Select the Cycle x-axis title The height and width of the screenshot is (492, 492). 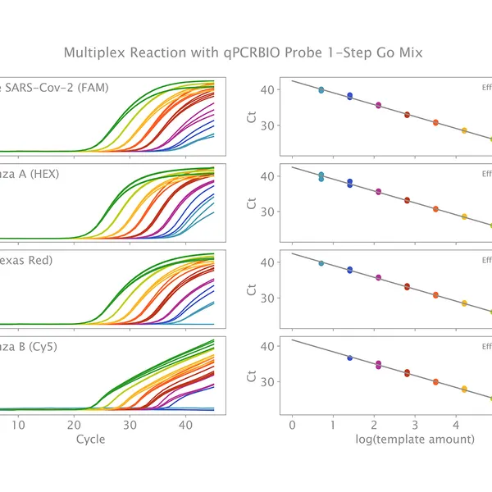click(x=90, y=439)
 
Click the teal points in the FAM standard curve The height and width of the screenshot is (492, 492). click(x=321, y=89)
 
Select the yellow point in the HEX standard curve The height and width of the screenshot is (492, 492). click(x=464, y=216)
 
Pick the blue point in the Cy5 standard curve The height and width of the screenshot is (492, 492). click(x=350, y=358)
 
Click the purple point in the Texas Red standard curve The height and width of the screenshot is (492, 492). click(x=378, y=277)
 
